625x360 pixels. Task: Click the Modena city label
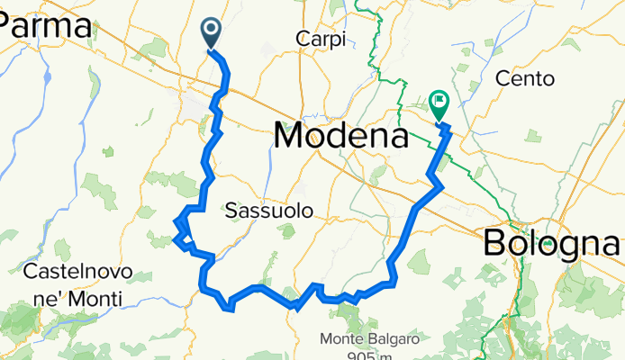tap(340, 136)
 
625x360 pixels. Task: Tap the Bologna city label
tap(552, 242)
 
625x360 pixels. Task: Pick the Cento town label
tap(525, 78)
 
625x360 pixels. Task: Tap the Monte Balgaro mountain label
tap(370, 340)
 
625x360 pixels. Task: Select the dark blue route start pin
tap(211, 33)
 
